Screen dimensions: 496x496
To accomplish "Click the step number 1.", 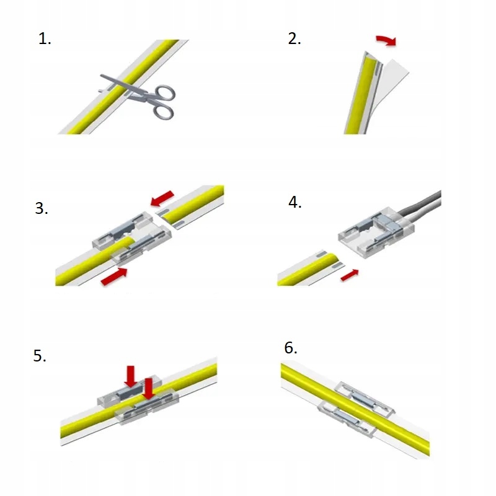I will [44, 40].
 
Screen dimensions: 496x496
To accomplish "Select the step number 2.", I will [294, 39].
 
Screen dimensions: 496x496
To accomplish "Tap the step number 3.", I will [42, 208].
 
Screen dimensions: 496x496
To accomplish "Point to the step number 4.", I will [295, 203].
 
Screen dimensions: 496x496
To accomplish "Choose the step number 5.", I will [40, 356].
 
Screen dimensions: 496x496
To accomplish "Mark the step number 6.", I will [291, 348].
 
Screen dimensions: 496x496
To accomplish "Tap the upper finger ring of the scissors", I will [164, 93].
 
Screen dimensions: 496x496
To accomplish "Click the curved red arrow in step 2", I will [386, 41].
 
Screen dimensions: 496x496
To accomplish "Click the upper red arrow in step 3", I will [163, 198].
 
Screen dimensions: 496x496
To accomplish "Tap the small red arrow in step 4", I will [350, 273].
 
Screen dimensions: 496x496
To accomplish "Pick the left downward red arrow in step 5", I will [130, 375].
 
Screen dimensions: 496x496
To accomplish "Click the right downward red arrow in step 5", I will [148, 387].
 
